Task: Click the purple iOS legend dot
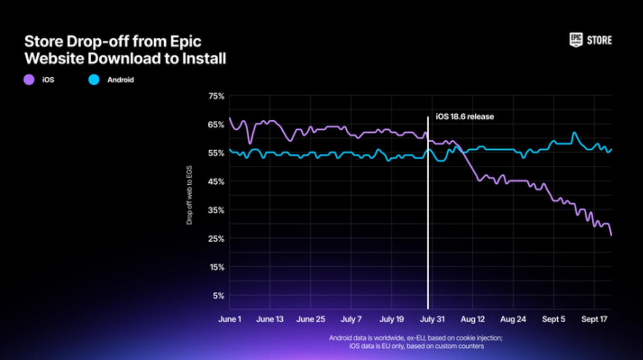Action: [29, 80]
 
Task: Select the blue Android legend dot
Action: [93, 80]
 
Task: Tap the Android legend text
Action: [120, 80]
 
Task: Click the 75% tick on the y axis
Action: [216, 96]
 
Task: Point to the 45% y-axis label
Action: [216, 182]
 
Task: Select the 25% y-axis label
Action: [216, 239]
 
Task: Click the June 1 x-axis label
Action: [230, 319]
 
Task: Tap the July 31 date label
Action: [432, 319]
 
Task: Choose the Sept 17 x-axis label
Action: [594, 319]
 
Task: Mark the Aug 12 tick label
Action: [473, 319]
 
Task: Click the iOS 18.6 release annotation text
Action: [465, 117]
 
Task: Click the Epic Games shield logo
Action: [575, 40]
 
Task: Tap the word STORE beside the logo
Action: [599, 40]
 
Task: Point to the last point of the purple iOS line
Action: [611, 235]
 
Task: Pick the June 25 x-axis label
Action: [310, 319]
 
